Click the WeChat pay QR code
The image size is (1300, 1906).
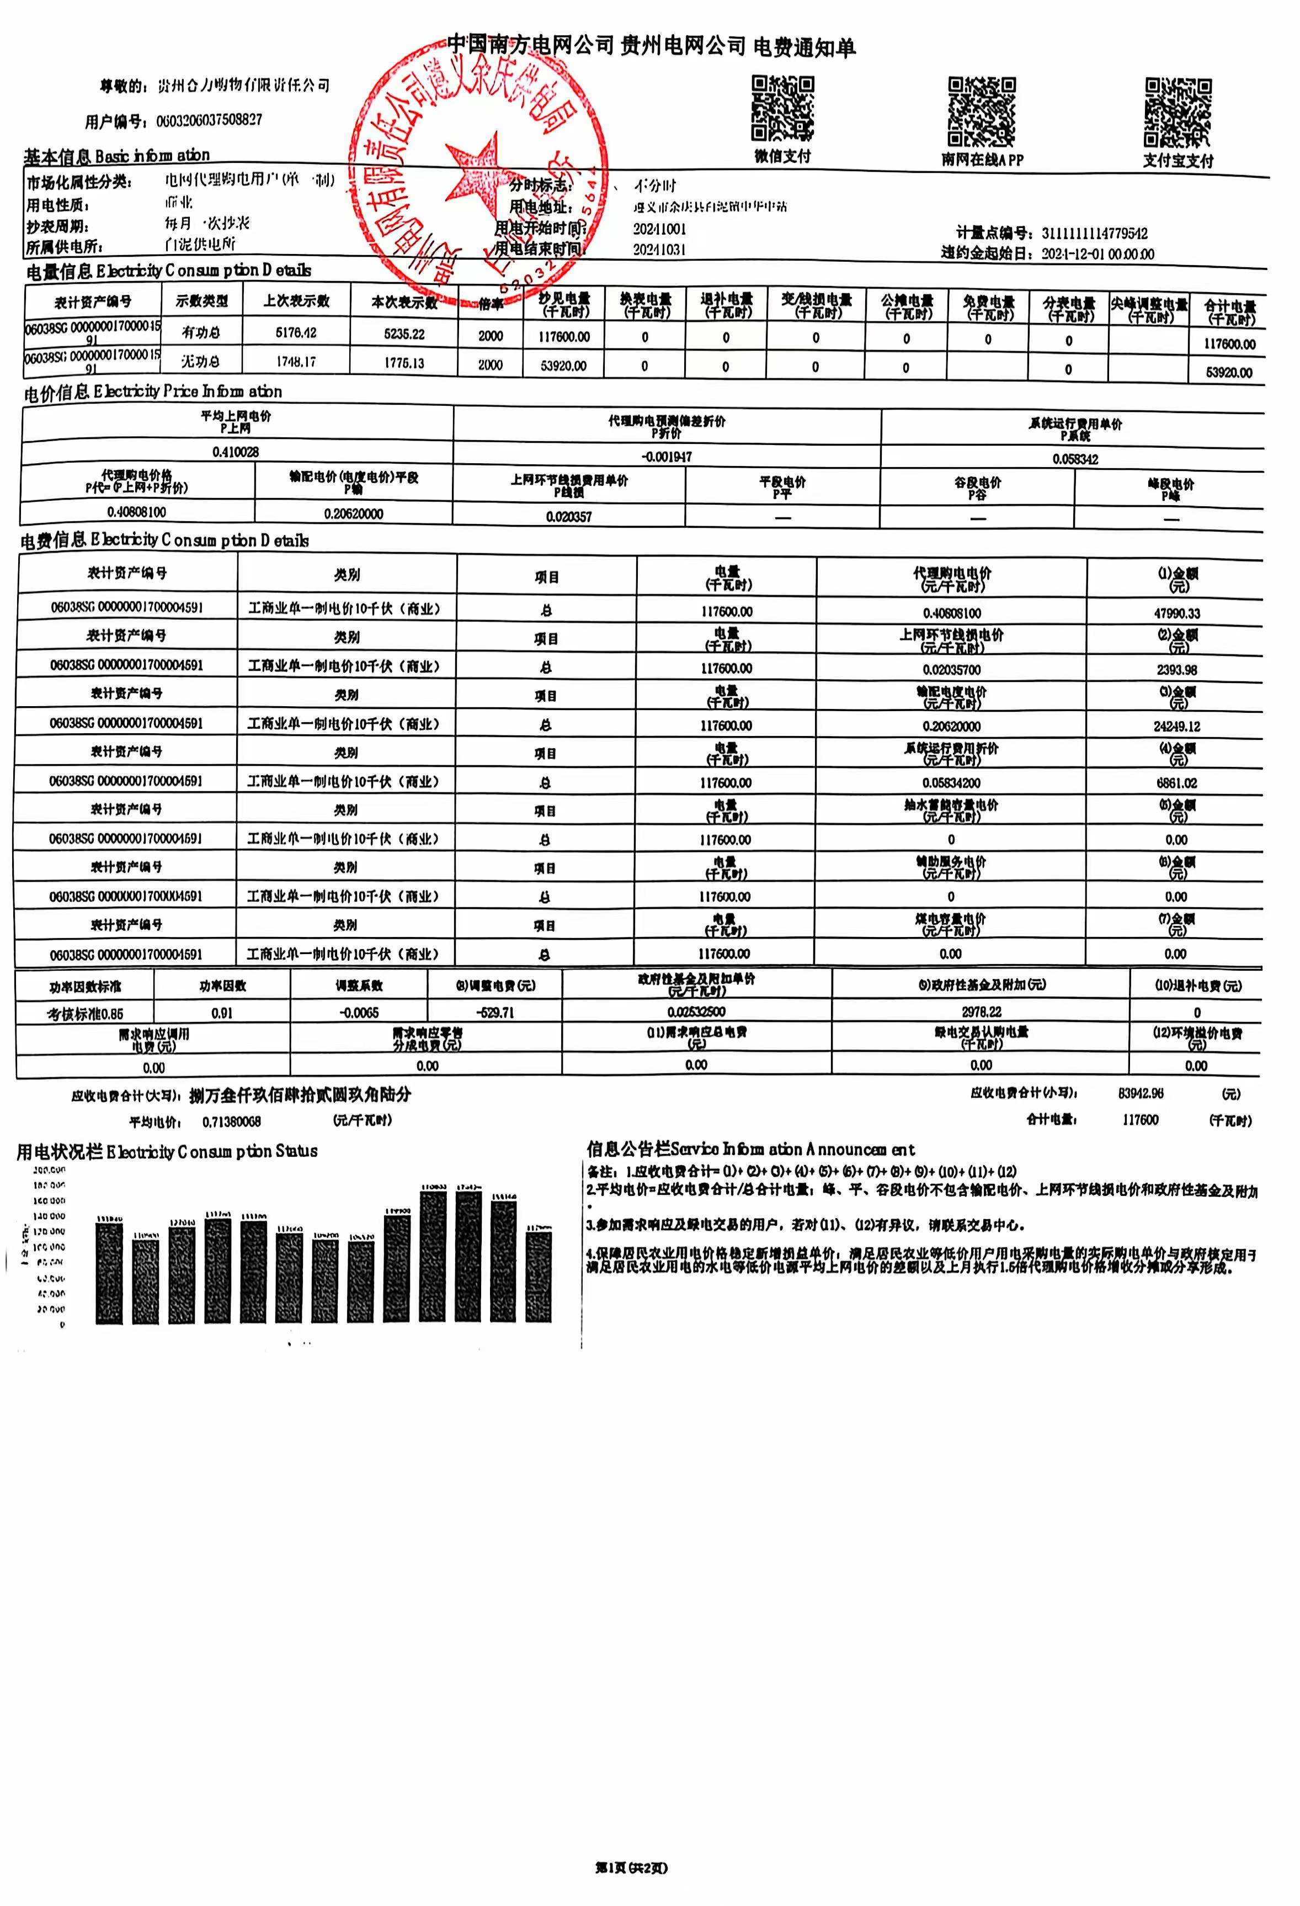[x=783, y=108]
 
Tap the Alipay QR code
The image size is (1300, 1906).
[x=1178, y=112]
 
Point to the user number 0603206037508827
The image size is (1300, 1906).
[x=209, y=120]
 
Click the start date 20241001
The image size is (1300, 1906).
[x=659, y=229]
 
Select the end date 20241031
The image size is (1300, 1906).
[x=659, y=250]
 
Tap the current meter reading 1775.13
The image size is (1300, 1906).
[x=404, y=363]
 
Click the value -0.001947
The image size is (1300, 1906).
[x=667, y=457]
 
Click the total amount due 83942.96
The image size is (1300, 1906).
[x=1140, y=1093]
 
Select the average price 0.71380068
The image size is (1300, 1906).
[x=231, y=1121]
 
